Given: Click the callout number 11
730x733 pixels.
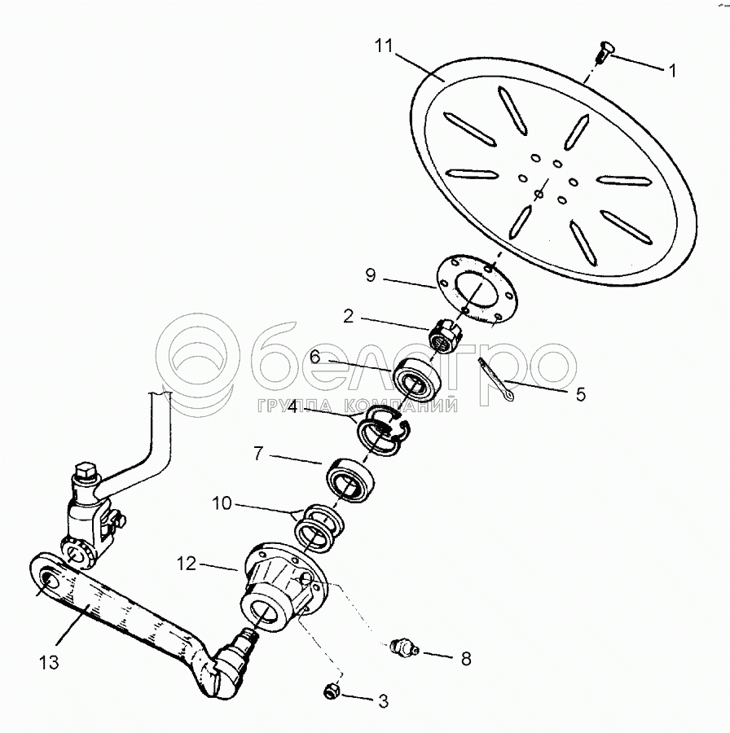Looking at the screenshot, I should tap(384, 44).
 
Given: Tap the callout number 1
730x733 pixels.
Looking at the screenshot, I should tap(672, 71).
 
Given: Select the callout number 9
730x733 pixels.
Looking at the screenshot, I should tap(371, 276).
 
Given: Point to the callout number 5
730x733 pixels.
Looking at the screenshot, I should tap(580, 395).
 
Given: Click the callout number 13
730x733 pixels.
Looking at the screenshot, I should tap(50, 662).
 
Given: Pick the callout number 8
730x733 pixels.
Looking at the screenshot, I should tap(465, 658).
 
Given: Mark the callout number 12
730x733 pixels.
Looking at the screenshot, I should tap(187, 563).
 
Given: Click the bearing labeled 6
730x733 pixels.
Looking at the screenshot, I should tap(418, 380).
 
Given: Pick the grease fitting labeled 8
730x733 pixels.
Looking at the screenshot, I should tap(402, 647).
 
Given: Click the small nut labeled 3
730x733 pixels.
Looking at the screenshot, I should tap(332, 691).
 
